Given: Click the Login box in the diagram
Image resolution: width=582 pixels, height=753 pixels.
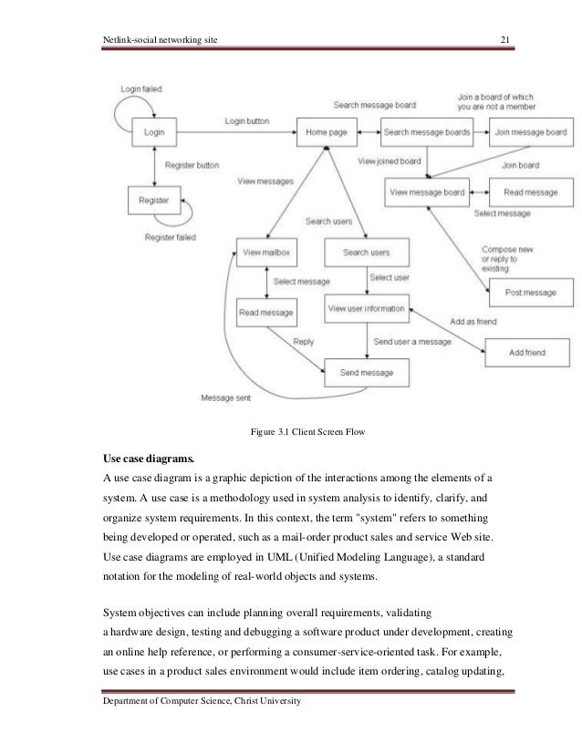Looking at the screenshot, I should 155,132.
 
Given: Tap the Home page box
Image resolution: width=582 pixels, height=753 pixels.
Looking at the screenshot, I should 326,132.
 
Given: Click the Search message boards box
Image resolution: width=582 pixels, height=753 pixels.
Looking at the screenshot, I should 426,132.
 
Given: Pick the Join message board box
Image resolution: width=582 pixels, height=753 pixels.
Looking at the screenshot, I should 533,132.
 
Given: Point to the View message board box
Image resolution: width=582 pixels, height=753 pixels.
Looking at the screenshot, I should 427,192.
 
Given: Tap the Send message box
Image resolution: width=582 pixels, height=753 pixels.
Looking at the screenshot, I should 368,372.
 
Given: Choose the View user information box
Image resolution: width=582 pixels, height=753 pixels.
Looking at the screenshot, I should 365,309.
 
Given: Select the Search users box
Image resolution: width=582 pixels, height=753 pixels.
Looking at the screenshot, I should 366,251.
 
